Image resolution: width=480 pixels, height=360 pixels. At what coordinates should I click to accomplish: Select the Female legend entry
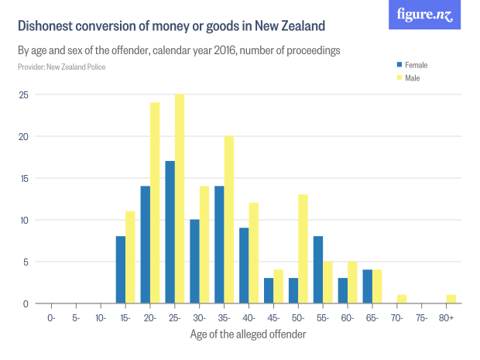414,65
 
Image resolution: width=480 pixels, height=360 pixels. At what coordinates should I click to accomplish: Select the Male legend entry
411,78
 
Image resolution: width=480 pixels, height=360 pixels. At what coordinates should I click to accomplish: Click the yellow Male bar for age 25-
180,199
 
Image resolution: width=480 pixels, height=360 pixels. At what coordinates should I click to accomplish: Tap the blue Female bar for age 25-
170,232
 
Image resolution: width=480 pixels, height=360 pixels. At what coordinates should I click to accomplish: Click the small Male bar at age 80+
451,299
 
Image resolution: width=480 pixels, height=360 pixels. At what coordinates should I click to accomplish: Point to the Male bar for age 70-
401,299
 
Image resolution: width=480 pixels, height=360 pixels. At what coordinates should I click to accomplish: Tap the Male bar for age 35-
228,220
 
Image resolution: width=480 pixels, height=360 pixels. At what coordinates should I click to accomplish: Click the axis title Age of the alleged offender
249,334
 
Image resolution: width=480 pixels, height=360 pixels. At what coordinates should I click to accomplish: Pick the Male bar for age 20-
155,203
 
